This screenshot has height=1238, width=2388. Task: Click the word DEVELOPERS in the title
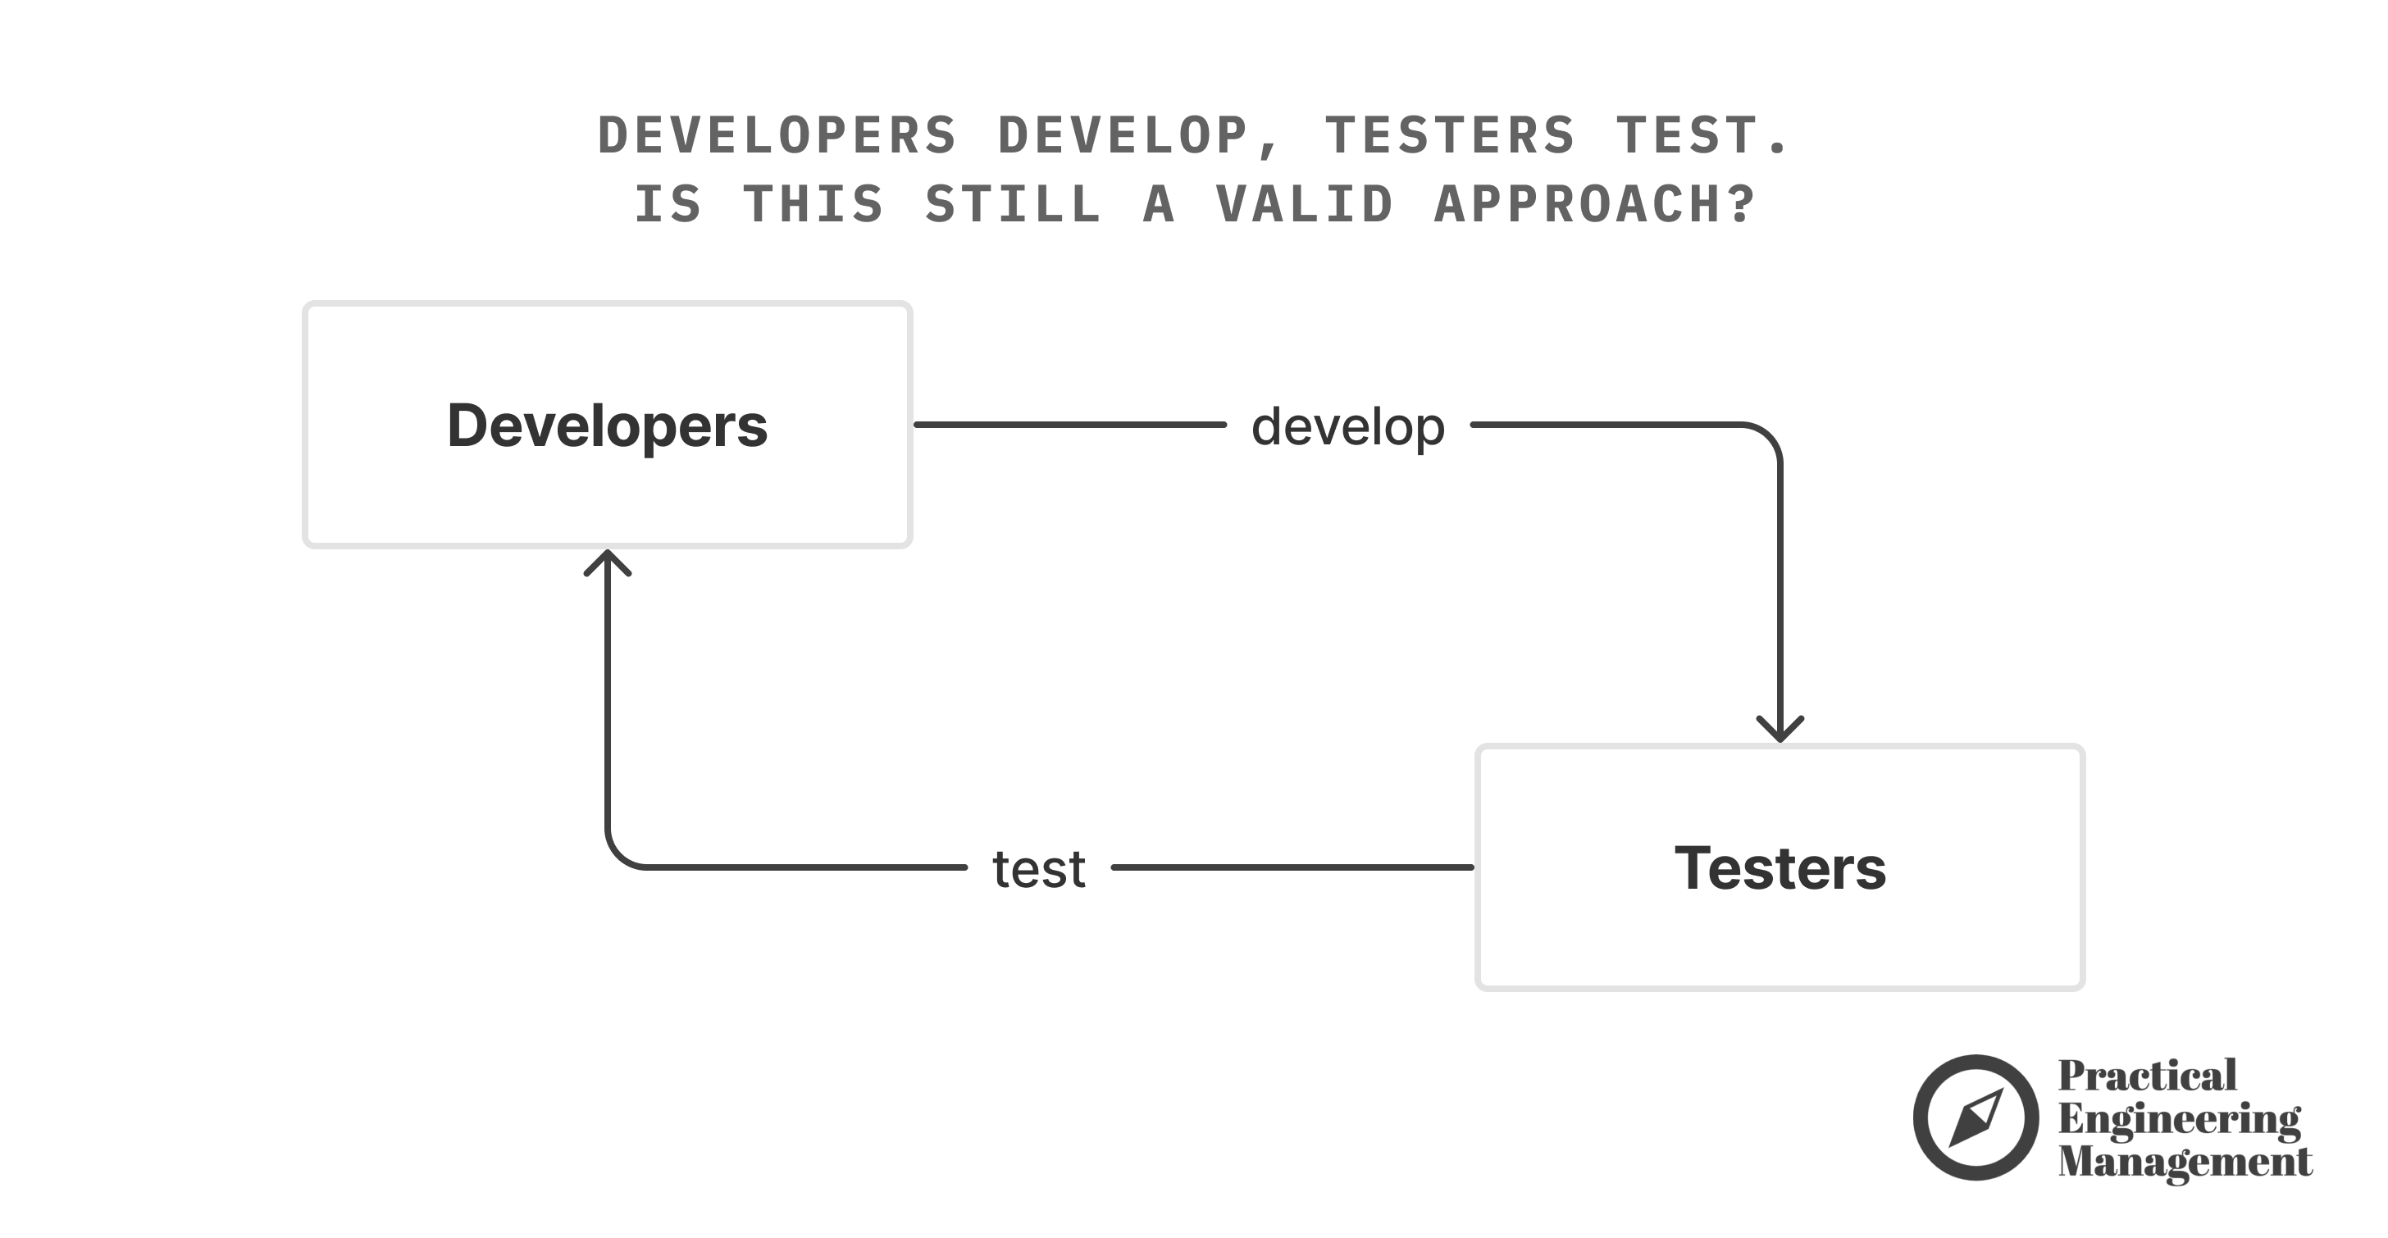point(777,135)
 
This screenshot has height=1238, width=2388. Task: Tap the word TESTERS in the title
point(1450,135)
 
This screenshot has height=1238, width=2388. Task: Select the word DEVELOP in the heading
point(1123,135)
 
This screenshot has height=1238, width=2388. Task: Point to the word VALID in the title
point(1305,204)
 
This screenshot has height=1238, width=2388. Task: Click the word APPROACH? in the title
point(1594,204)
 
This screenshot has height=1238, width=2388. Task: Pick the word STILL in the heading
point(1014,204)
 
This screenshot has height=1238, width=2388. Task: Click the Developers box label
point(607,426)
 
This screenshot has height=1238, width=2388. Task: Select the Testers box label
point(1780,868)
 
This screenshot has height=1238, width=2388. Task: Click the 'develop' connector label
point(1348,426)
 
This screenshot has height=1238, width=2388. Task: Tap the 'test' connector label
point(1038,869)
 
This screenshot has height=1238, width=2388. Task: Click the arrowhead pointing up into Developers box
point(607,562)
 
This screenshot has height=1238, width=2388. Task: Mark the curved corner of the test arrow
point(621,853)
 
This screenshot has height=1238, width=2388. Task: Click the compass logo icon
point(1975,1117)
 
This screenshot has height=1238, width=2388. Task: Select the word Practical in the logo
point(2147,1076)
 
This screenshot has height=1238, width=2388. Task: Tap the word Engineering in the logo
point(2179,1119)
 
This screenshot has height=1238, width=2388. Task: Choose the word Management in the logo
point(2184,1161)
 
